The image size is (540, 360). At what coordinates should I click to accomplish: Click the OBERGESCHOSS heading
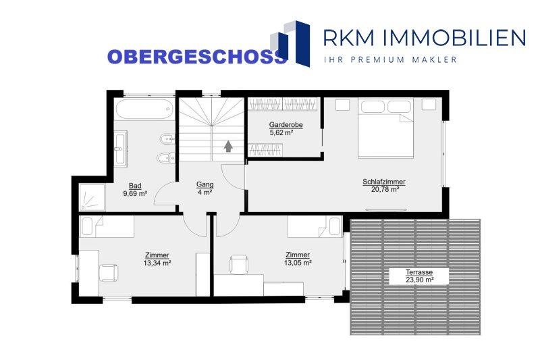pos(197,57)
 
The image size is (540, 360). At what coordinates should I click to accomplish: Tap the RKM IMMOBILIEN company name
pos(425,38)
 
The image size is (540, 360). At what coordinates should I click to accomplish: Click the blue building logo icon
pos(290,43)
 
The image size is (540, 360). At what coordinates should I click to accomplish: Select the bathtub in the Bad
pos(144,109)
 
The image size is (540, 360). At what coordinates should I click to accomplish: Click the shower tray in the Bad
pos(92,197)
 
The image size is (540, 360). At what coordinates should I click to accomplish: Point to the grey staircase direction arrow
pos(228,146)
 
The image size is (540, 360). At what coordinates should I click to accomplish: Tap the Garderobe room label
pos(286,125)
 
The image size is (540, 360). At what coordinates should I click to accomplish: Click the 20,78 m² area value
pos(385,189)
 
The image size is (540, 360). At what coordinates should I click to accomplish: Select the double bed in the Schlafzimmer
pos(385,128)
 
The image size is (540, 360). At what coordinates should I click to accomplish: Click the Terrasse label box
pos(418,276)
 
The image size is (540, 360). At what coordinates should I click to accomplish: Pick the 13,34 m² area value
pos(157,263)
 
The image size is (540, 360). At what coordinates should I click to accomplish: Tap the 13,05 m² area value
pos(298,263)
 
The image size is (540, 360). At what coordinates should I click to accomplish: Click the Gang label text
pos(205,184)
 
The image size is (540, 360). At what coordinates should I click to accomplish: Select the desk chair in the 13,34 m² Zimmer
pos(109,273)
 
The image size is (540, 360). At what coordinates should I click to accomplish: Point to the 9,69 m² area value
pos(135,194)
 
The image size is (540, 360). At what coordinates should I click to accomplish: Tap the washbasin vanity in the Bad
pos(121,149)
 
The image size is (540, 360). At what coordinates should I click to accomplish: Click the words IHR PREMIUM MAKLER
pos(390,59)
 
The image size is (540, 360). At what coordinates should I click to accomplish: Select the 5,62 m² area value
pos(281,132)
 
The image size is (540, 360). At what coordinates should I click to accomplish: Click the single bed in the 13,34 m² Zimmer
pos(107,227)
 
